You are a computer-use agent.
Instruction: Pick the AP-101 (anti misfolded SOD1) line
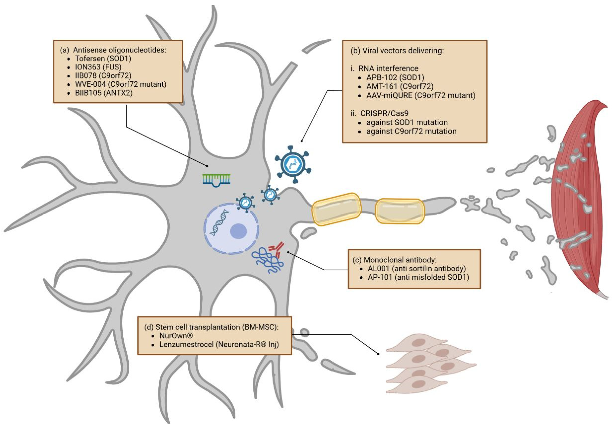pos(418,277)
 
